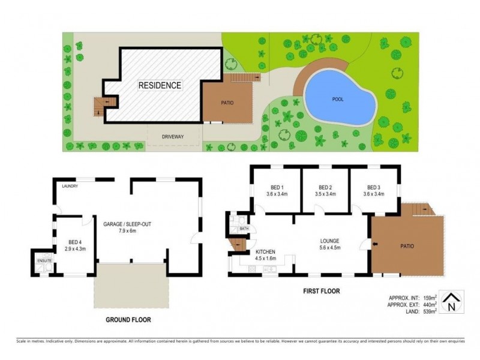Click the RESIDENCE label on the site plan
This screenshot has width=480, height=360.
pos(160,85)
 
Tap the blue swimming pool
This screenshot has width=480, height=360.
pos(339,99)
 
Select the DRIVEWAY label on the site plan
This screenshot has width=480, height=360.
pos(173,137)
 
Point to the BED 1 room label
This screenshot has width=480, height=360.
pos(275,187)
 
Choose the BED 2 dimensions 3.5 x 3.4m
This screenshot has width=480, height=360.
pos(325,194)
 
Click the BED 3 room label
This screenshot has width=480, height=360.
pos(374,187)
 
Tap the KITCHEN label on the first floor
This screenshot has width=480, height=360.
pos(266,252)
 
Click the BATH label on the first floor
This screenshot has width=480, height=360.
pos(244,229)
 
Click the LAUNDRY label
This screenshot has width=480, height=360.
pos(70,186)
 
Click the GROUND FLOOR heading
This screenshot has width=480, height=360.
pos(128,320)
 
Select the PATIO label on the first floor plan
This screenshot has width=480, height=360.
pos(407,245)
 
